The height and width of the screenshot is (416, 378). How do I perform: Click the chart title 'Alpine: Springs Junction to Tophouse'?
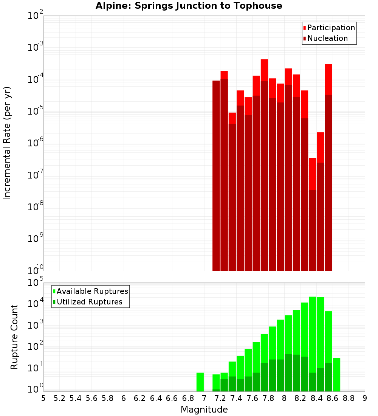pos(189,6)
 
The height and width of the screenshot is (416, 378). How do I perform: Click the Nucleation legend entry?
pos(327,38)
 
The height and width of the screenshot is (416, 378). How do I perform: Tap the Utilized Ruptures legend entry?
pos(89,302)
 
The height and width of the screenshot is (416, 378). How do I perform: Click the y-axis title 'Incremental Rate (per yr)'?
pos(7,143)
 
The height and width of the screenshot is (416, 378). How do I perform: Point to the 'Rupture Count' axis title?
pos(14,337)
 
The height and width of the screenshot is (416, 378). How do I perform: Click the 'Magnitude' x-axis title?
pos(204,410)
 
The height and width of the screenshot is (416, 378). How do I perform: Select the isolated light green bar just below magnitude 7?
pos(200,382)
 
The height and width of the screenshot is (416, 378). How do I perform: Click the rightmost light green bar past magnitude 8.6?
pos(336,374)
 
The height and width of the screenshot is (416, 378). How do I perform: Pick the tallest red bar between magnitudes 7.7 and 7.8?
pos(264,70)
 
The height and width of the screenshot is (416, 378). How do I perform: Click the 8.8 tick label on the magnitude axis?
pos(349,398)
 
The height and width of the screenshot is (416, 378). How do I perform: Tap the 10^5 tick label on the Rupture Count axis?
pos(36,283)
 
